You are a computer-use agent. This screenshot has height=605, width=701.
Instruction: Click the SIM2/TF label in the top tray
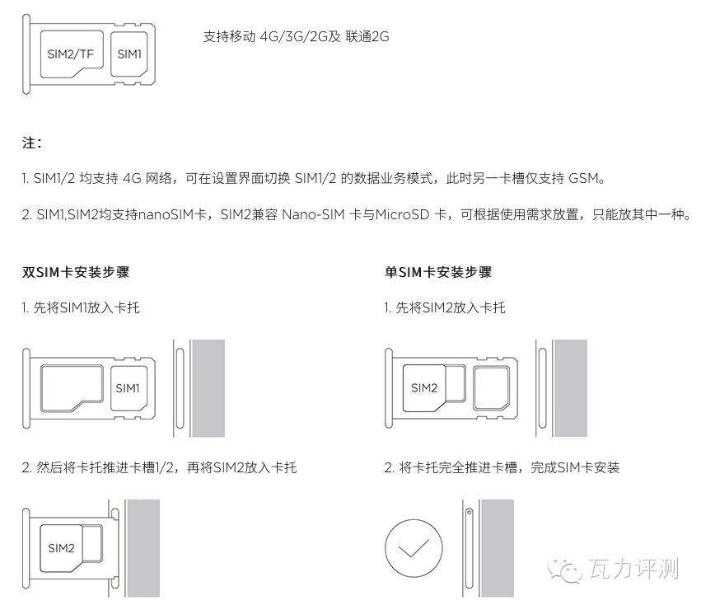click(71, 54)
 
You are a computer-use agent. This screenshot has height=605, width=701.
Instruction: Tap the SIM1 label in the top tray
click(129, 54)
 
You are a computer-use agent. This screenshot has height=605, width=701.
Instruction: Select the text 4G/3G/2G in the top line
click(294, 36)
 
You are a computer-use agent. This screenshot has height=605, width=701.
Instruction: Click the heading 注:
click(32, 143)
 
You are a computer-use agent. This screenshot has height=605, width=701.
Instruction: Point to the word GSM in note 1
click(583, 179)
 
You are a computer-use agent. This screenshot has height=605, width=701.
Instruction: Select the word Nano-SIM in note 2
click(313, 215)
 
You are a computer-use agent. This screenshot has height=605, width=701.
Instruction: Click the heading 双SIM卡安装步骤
click(76, 272)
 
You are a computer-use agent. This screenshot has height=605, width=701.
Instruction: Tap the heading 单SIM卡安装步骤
click(438, 272)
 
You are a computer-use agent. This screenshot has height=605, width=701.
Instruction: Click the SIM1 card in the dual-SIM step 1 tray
click(129, 388)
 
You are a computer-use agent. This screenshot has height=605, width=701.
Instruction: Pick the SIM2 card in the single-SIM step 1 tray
click(424, 388)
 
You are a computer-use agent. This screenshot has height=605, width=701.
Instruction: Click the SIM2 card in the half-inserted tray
click(61, 548)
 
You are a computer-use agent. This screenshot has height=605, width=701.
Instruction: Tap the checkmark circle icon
click(414, 548)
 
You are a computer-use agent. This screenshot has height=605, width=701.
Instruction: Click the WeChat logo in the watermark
click(565, 570)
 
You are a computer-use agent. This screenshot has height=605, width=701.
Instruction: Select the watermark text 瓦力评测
click(634, 570)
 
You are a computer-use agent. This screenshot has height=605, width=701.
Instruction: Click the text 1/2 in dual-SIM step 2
click(164, 468)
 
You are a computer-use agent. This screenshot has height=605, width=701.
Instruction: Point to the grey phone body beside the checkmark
click(498, 548)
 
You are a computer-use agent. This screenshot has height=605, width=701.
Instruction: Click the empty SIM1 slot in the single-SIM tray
click(491, 388)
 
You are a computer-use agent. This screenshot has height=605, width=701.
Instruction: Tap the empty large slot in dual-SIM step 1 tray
click(72, 388)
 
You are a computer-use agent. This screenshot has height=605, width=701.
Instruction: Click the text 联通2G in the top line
click(367, 36)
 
